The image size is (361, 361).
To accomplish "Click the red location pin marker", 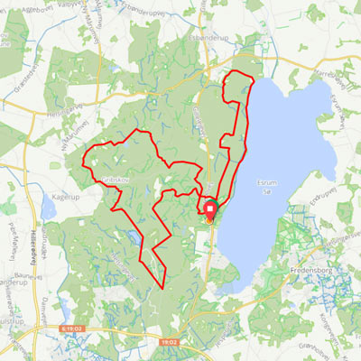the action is pos(210,208).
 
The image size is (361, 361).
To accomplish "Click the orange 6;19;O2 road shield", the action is pos(71,331).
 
